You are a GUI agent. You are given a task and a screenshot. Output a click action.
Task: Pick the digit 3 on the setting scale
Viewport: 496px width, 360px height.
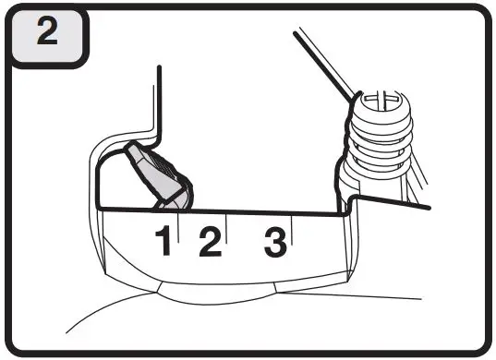(x=274, y=243)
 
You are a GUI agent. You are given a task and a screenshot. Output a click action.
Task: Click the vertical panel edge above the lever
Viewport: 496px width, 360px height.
(x=160, y=102)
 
